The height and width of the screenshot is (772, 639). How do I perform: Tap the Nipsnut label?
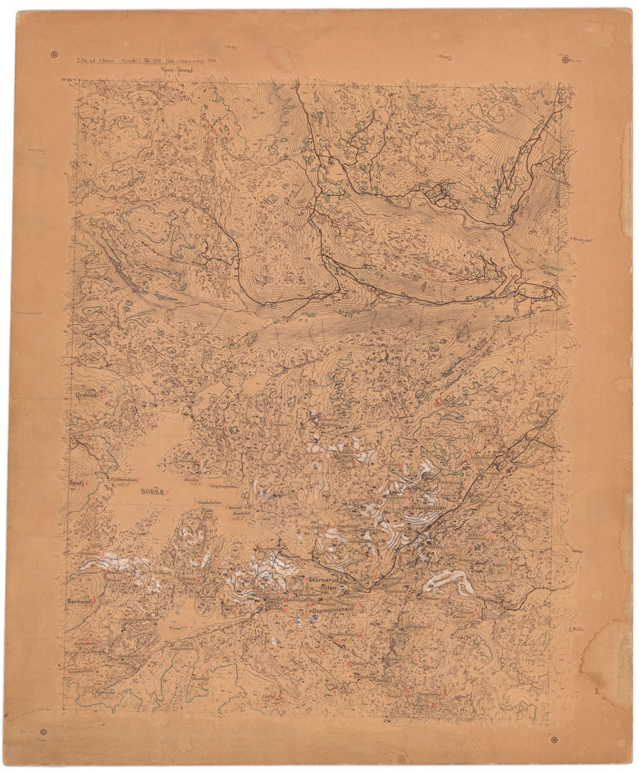point(499,566)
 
